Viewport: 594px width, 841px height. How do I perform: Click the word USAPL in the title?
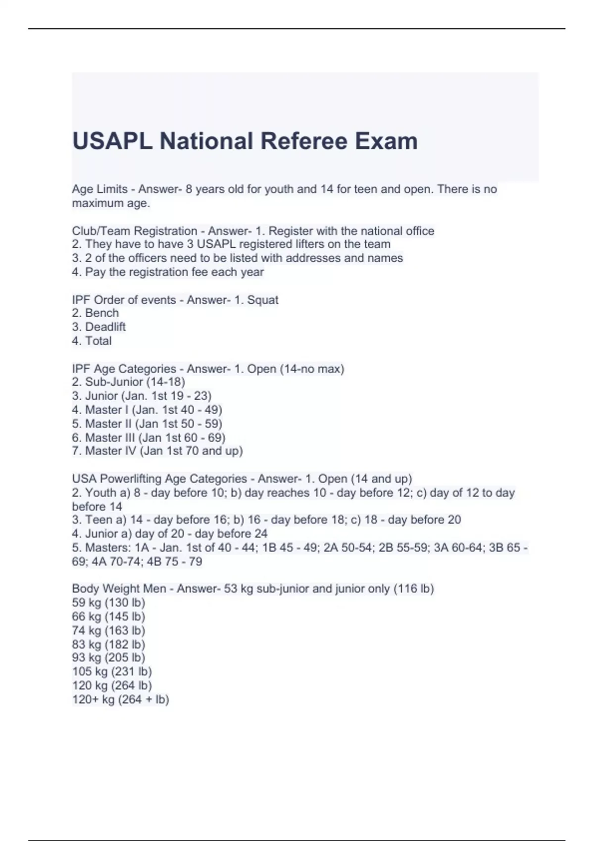[x=112, y=141]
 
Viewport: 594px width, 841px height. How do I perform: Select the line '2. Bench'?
[x=96, y=313]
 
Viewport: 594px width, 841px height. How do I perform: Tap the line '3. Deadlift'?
[x=99, y=327]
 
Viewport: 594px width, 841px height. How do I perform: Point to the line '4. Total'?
[x=92, y=341]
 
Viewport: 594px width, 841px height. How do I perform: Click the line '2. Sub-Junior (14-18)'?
[x=129, y=382]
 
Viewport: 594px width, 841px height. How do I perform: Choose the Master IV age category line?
[x=157, y=451]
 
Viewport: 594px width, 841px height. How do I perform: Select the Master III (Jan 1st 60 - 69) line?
[x=149, y=437]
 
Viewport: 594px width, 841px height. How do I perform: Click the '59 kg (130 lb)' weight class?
[x=108, y=603]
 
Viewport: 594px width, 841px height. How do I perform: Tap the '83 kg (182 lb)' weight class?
[x=108, y=644]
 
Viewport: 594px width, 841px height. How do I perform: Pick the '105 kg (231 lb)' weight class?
[x=112, y=671]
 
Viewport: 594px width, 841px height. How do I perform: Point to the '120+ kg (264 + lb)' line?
[x=120, y=700]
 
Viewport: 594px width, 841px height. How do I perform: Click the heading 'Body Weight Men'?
[x=119, y=589]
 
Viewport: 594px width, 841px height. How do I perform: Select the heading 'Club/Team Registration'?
[x=134, y=231]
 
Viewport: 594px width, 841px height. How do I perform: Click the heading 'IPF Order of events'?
[x=124, y=300]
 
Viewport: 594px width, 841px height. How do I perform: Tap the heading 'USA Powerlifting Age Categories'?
[x=159, y=479]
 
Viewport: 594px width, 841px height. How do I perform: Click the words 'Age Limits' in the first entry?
[x=99, y=189]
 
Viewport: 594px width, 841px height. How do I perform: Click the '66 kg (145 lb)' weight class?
[x=108, y=616]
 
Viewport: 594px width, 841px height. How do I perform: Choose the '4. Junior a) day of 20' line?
[x=170, y=534]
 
